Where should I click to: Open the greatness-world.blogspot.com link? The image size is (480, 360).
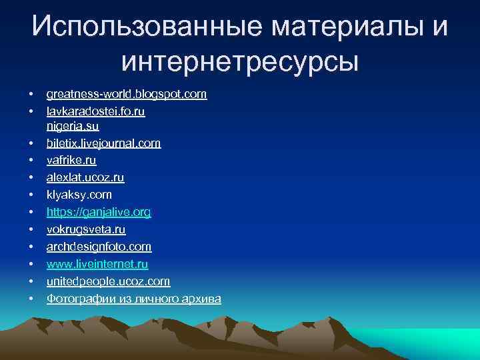tap(127, 95)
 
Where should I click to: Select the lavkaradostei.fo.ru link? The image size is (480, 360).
tap(95, 112)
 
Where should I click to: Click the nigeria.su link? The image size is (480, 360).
tap(73, 126)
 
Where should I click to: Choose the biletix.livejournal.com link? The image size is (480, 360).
tap(103, 143)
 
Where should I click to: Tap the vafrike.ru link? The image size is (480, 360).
tap(71, 161)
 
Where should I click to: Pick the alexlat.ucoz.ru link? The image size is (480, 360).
tap(85, 178)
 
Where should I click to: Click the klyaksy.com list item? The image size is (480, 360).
tap(79, 195)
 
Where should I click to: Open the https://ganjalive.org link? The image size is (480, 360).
tap(99, 213)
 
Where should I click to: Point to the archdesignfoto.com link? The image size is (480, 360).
tap(99, 247)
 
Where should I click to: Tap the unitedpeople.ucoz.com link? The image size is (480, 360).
tap(108, 281)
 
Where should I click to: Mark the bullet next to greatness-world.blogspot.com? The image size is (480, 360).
tap(31, 95)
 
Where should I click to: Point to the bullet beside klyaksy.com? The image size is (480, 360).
tap(31, 195)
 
